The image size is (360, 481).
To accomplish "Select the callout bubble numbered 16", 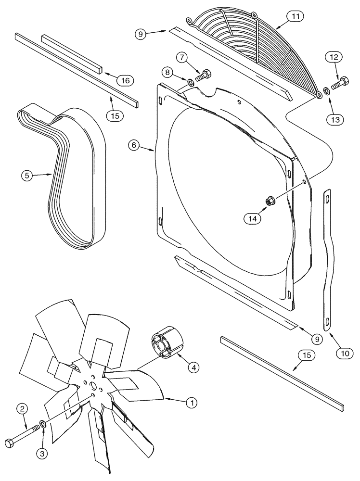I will coord(125,80).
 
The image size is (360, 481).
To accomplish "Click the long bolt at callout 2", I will coord(22,439).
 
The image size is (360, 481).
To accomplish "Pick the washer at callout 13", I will coord(327,90).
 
